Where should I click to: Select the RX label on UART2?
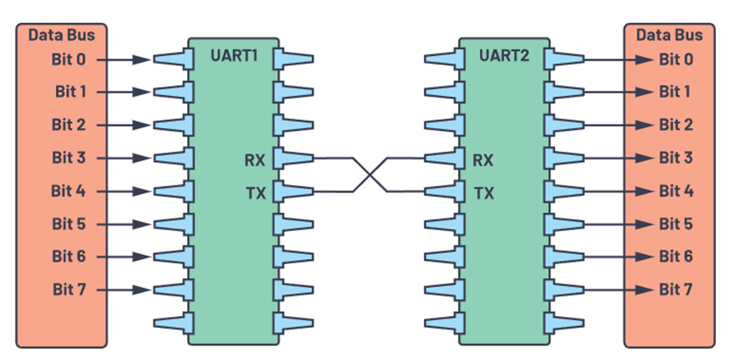click(x=484, y=158)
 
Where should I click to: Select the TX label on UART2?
click(x=484, y=192)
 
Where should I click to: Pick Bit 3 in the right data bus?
click(x=676, y=158)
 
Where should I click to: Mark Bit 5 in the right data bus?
click(x=676, y=224)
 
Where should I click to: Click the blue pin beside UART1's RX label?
click(x=294, y=158)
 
